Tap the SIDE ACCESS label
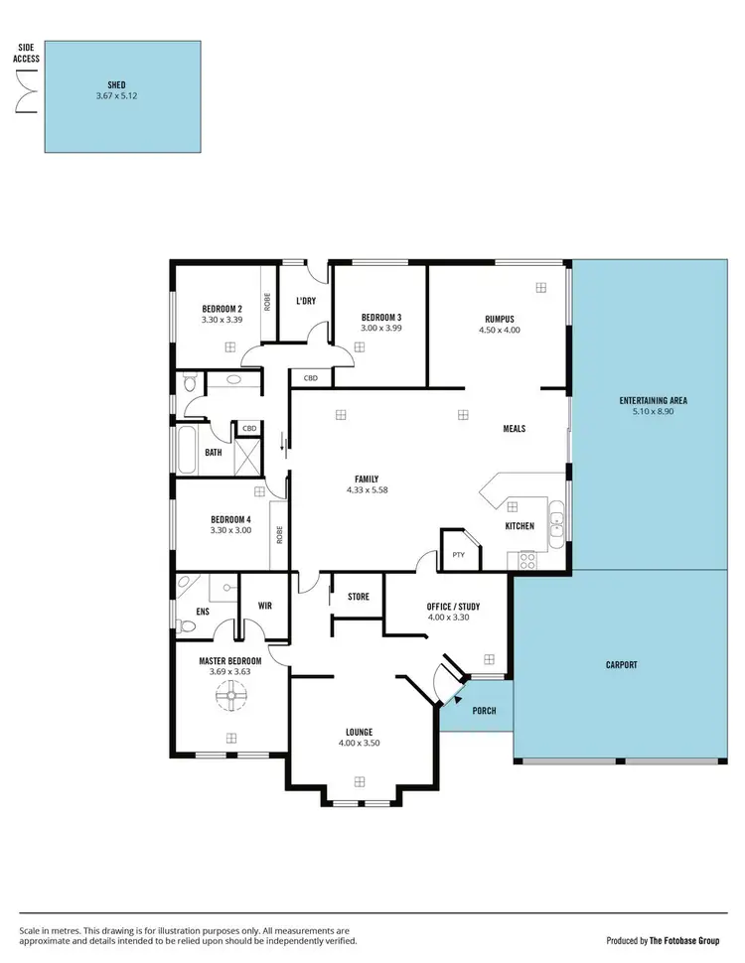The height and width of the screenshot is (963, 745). (27, 53)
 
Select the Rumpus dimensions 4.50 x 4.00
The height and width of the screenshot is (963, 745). (499, 330)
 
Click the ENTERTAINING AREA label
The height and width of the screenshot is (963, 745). (653, 401)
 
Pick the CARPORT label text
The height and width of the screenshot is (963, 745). (621, 665)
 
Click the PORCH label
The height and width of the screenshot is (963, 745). (483, 711)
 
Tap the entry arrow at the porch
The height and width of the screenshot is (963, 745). (458, 698)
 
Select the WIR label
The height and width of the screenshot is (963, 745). (265, 605)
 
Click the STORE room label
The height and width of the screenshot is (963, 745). (358, 597)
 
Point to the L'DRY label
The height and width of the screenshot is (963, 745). (306, 300)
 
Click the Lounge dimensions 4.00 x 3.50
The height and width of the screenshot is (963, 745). (360, 742)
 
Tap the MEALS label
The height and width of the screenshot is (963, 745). (514, 429)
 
